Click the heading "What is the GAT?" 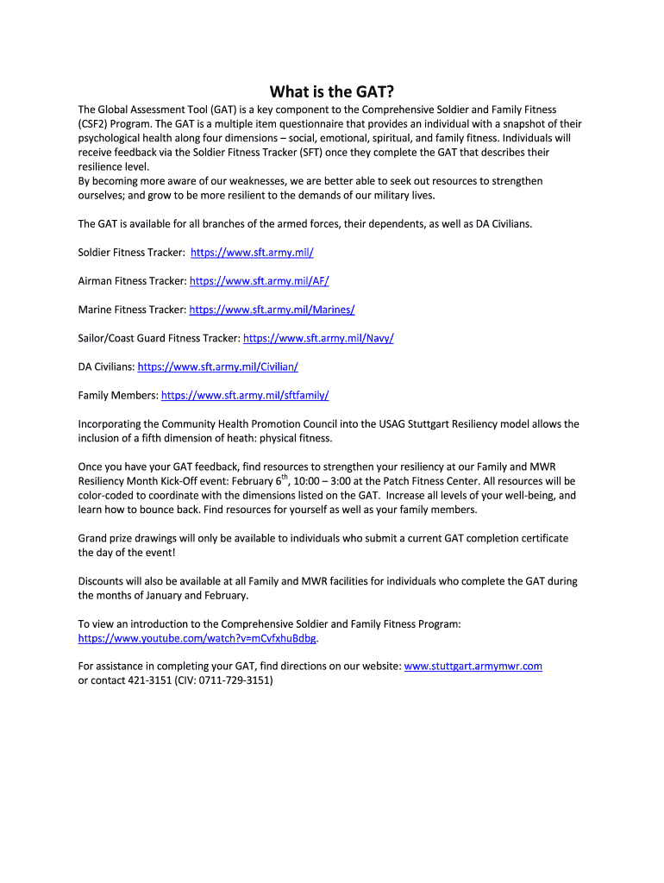336,91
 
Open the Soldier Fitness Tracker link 252,253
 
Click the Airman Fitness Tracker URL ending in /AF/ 259,281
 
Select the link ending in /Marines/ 272,310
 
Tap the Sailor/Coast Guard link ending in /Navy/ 318,338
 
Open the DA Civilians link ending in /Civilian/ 217,366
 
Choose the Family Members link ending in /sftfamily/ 245,395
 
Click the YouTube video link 197,638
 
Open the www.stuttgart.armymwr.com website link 473,667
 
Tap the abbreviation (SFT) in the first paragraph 311,152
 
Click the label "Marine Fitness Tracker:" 132,310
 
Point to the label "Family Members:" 118,395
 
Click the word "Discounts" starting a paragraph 103,581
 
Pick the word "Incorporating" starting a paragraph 110,424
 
